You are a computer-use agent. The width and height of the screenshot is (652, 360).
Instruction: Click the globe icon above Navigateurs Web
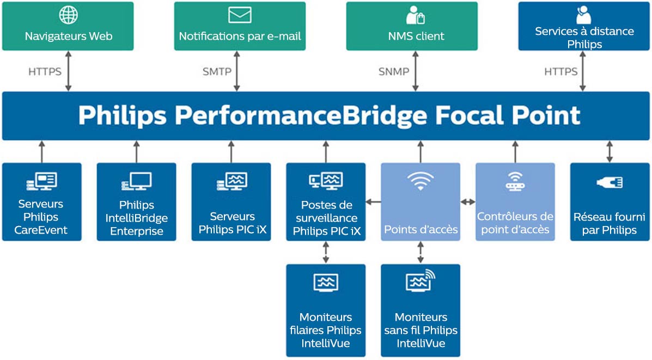(x=68, y=15)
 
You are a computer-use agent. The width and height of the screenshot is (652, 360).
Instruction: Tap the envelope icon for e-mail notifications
(x=240, y=15)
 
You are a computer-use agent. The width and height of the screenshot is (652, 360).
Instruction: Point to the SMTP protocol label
(x=217, y=71)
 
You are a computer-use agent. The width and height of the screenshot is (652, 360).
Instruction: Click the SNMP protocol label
(x=394, y=71)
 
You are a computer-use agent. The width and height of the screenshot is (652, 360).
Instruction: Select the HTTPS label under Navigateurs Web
(x=45, y=71)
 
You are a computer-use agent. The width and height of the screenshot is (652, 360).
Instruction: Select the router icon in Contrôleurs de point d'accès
(x=515, y=181)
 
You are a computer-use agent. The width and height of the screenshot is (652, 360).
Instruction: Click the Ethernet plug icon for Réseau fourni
(x=610, y=182)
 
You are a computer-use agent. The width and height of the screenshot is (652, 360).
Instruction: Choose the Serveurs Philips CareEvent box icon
(x=41, y=181)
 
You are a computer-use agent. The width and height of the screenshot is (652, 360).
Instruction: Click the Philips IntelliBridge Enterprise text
(x=136, y=218)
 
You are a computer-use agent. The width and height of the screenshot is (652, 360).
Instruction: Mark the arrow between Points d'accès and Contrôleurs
(x=467, y=202)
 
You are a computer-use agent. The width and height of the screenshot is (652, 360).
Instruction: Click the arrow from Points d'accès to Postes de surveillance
(x=373, y=202)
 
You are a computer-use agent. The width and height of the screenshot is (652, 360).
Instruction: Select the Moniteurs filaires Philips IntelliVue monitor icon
(x=326, y=283)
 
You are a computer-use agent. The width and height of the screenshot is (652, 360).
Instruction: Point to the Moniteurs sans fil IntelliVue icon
(x=421, y=281)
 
